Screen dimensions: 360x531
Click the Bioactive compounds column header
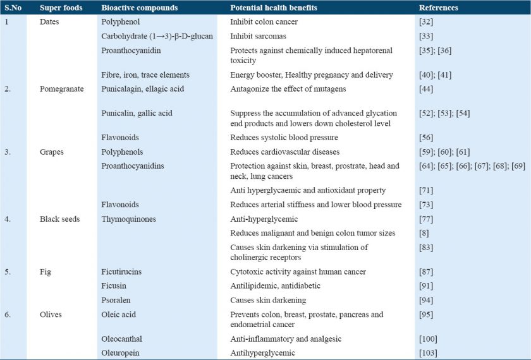coord(139,8)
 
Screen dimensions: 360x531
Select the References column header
coord(439,8)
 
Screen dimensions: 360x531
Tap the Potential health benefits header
coord(274,8)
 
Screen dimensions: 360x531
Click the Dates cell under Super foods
coord(51,21)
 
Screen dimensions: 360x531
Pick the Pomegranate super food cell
coord(61,89)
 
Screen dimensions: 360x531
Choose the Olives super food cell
coord(52,314)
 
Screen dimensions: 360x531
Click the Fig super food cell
coord(45,272)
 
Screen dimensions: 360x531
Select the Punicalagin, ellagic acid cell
coord(143,89)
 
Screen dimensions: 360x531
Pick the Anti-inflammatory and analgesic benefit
coord(286,339)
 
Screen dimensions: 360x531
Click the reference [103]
coord(428,352)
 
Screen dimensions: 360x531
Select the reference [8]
coord(424,233)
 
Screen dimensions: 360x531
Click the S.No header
coord(13,8)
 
